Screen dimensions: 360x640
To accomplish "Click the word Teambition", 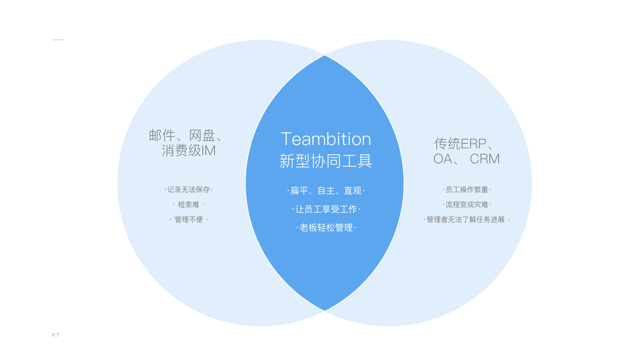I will (x=326, y=139).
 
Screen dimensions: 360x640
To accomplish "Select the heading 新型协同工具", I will (x=326, y=161).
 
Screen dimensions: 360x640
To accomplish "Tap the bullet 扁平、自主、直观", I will (x=326, y=191).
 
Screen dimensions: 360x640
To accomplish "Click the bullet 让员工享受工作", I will (x=326, y=209).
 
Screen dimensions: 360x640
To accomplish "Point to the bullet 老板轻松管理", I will (x=326, y=228).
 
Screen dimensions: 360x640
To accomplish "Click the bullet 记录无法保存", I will (x=188, y=190).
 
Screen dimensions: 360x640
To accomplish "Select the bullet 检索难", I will (x=188, y=205).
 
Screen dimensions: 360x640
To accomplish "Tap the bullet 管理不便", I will (x=189, y=220).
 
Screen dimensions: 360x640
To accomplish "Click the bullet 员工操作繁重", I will (x=467, y=190).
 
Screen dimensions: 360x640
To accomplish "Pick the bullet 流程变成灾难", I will (x=467, y=205).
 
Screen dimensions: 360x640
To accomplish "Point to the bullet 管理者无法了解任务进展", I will (x=466, y=220).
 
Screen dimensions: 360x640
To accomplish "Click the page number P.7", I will (x=55, y=335).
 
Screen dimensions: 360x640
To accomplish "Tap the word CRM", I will (x=485, y=159).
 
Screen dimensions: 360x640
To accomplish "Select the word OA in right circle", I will (x=442, y=159).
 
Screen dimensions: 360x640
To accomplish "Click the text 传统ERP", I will (x=460, y=144).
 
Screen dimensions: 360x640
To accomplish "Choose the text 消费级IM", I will (x=189, y=151).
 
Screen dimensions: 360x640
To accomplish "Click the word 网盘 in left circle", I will (x=202, y=135).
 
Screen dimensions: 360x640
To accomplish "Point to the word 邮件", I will (x=162, y=135).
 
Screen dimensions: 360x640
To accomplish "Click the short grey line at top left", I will (x=58, y=40).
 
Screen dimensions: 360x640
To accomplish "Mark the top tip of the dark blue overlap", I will (x=325, y=56).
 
